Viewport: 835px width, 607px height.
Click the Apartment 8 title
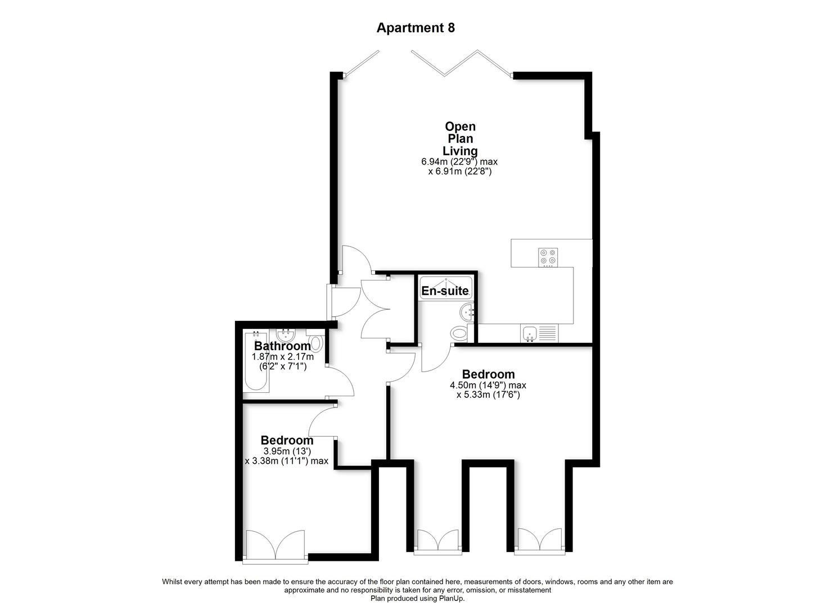coord(416,28)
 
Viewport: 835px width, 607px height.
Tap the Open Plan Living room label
coord(460,139)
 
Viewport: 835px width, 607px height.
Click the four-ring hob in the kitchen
coord(548,257)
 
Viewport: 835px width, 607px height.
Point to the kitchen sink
coord(529,334)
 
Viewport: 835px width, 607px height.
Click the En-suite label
coord(445,291)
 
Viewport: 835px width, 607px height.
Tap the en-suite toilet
coord(459,333)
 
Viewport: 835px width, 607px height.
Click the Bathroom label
coord(282,346)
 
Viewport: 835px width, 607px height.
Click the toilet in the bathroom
coord(317,343)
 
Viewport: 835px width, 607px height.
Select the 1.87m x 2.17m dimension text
coord(282,357)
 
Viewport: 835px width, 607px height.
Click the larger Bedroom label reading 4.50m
coord(488,374)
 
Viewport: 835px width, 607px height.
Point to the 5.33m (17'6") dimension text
coord(488,395)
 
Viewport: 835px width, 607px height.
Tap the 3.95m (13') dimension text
coord(287,451)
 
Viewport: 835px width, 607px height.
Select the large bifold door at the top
coord(461,63)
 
